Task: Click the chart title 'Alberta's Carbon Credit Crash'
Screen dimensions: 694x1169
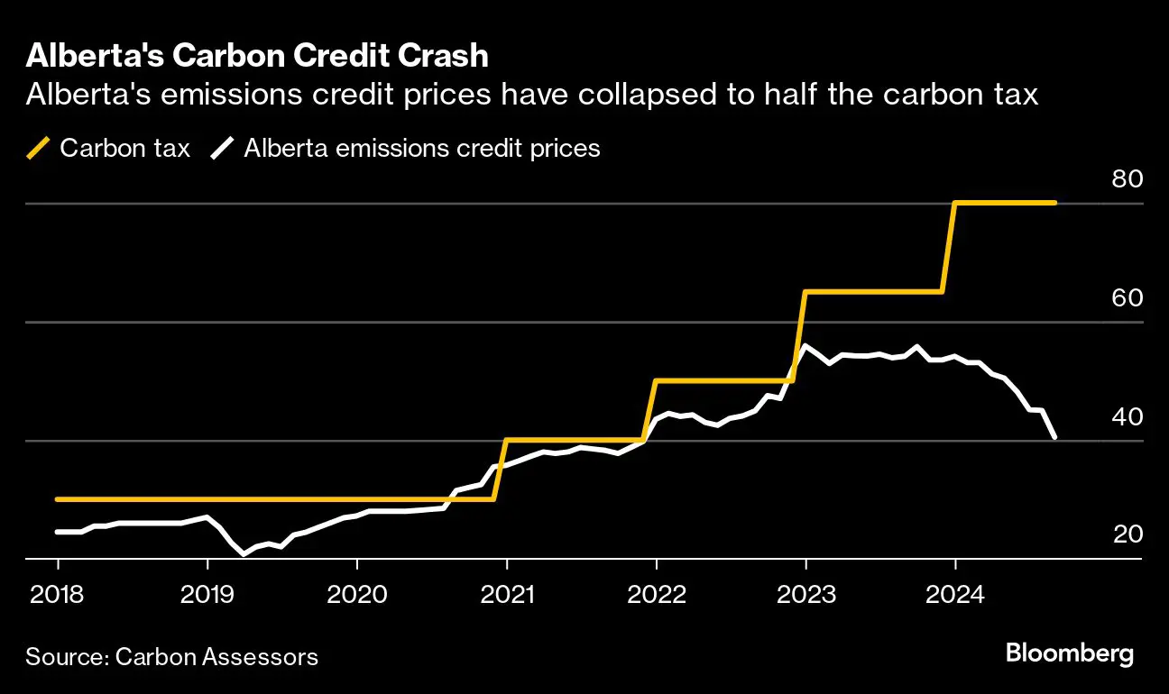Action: click(x=257, y=56)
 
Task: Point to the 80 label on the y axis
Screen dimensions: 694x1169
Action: click(x=1128, y=179)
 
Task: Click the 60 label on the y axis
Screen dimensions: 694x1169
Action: click(x=1128, y=298)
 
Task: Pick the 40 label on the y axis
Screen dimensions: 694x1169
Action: click(x=1128, y=417)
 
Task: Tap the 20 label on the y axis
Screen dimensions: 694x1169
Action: click(x=1128, y=535)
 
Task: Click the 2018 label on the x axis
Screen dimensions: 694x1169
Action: click(x=58, y=595)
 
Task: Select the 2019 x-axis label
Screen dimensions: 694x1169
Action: click(x=207, y=595)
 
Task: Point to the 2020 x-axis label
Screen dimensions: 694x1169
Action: click(x=357, y=595)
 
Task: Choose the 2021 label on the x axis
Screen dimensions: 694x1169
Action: click(x=507, y=595)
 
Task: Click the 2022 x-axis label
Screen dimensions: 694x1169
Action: click(x=657, y=595)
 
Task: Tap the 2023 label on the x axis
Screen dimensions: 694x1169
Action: click(x=806, y=595)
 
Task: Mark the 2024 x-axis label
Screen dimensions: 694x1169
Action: click(x=955, y=595)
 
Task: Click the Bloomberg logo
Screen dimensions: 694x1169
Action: click(x=1070, y=653)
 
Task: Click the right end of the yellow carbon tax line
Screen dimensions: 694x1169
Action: click(x=1055, y=203)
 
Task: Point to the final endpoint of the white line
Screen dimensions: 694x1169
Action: click(x=1054, y=438)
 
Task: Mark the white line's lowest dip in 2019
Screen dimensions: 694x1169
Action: click(x=244, y=553)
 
